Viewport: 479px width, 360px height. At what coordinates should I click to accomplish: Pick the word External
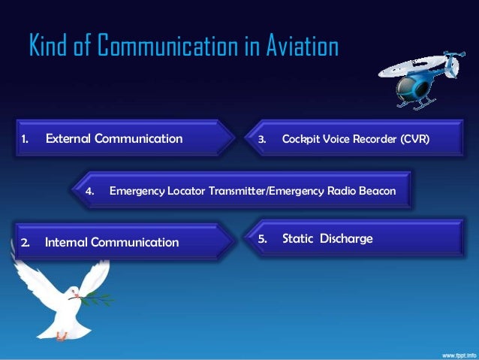[68, 138]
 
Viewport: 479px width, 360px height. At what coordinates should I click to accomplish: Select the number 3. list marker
[262, 139]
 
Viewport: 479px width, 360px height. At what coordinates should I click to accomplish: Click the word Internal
[68, 242]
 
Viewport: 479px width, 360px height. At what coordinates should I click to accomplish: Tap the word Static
[298, 239]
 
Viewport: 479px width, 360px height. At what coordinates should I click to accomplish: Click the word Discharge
[346, 239]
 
